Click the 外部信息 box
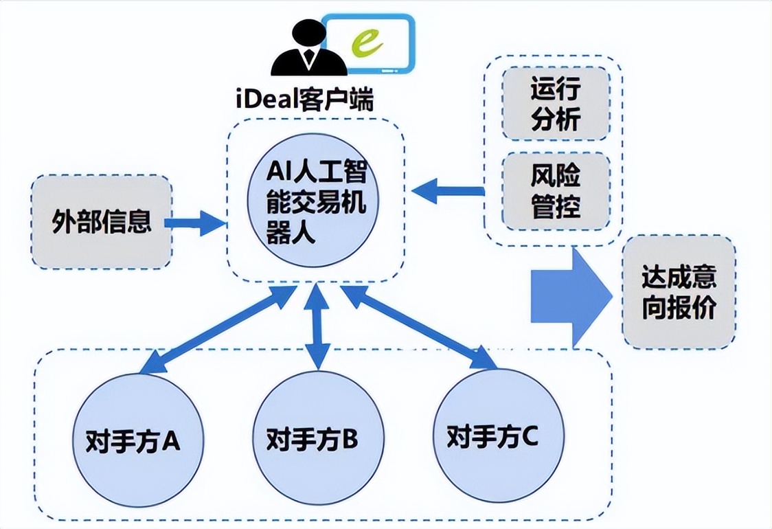pos(102,222)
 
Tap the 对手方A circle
pos(135,440)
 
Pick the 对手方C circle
pos(492,435)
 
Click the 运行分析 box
pos(555,103)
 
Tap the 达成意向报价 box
pos(679,291)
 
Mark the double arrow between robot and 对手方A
pos(217,331)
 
